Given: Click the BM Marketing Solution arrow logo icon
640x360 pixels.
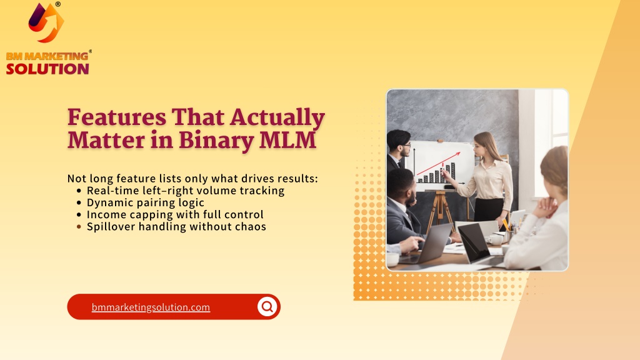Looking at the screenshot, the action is [46, 22].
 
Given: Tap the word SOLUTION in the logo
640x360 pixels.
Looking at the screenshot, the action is [47, 69].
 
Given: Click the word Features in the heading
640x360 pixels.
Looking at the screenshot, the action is [117, 117].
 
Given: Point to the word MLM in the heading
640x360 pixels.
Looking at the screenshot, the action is [287, 140].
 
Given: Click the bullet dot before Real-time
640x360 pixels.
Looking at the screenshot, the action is [79, 191].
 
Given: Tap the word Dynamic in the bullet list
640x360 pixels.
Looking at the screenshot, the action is [109, 203].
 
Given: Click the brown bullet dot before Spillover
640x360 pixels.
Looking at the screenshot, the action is [79, 226].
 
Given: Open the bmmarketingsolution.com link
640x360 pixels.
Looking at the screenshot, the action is [151, 307].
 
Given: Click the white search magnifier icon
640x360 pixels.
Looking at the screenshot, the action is [267, 306].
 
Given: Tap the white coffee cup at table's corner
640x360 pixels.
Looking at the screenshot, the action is [392, 259].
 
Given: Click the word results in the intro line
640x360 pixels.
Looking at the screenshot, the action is [296, 179].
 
